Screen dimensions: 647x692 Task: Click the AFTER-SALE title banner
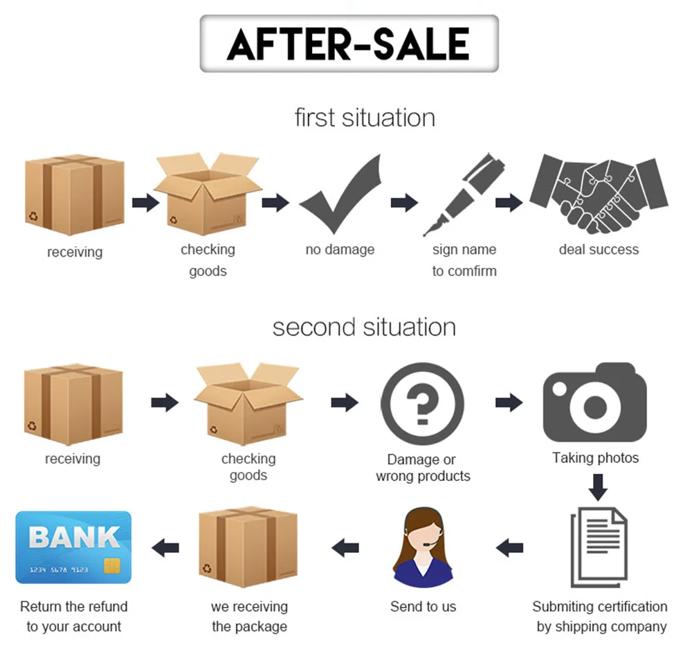(349, 43)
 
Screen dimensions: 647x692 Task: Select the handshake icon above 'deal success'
(599, 194)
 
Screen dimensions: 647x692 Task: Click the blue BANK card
(73, 547)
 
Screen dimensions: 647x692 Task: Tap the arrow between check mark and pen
(404, 203)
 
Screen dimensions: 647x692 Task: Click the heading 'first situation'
(365, 117)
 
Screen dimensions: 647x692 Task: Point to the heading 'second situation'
(364, 327)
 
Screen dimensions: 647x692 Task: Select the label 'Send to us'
(423, 607)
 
